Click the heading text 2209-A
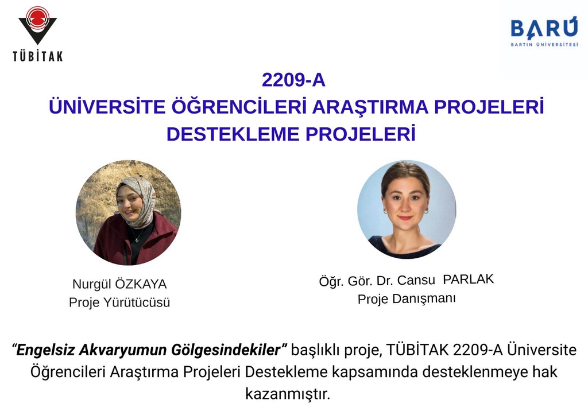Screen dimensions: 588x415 293,80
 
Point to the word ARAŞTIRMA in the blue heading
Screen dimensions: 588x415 370,107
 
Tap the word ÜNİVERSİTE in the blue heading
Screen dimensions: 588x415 107,106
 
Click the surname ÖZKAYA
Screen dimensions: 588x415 141,284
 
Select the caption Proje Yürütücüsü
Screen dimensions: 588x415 119,302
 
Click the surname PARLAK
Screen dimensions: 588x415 469,280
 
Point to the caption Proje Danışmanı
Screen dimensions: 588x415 407,299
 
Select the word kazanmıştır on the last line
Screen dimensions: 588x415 288,394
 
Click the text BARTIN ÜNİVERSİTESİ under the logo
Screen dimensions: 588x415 544,45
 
